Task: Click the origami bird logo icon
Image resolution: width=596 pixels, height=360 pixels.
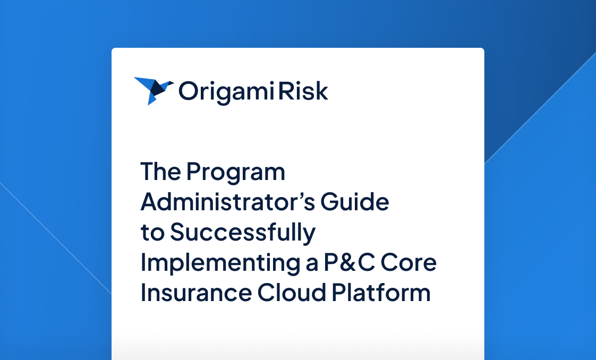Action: (x=154, y=90)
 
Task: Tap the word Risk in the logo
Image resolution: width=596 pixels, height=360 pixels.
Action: (x=303, y=91)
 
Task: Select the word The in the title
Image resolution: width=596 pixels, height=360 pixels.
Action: (x=160, y=172)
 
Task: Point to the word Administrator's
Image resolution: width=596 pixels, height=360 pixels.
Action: (x=228, y=201)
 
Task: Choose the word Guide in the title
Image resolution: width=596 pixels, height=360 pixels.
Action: (x=355, y=201)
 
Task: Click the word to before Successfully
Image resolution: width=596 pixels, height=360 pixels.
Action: (x=152, y=233)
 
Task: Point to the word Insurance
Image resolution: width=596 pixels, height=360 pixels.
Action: (x=196, y=293)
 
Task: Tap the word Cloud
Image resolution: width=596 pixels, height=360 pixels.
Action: (x=292, y=293)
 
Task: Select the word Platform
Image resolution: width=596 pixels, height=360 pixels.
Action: (x=381, y=293)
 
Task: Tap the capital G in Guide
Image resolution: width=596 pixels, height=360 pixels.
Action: (x=330, y=202)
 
